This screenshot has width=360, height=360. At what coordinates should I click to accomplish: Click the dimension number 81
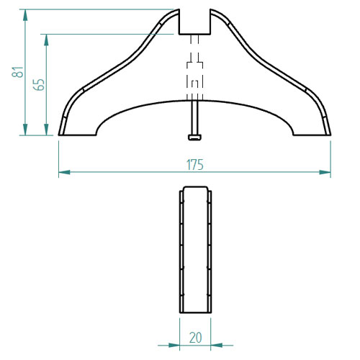tap(18, 72)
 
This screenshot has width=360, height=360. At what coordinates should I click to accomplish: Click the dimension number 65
tap(39, 84)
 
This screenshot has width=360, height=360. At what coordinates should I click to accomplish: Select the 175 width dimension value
tap(195, 165)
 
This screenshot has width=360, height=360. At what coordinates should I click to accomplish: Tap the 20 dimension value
tap(195, 338)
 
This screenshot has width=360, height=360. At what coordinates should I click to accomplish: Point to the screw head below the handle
tap(194, 138)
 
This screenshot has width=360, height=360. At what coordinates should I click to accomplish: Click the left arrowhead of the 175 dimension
tap(64, 172)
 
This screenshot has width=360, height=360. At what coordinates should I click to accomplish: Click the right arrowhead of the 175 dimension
tap(325, 172)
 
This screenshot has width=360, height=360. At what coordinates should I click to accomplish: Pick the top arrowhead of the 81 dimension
tap(25, 15)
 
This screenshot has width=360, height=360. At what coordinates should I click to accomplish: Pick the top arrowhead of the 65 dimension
tap(46, 40)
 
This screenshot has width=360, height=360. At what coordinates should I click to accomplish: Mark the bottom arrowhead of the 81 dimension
tap(25, 130)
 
